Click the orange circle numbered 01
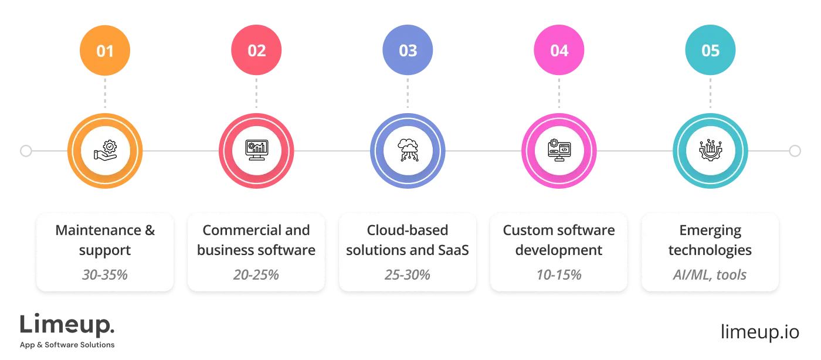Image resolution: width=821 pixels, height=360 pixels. coord(105,50)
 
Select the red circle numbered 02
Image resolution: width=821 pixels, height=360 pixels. coord(256,50)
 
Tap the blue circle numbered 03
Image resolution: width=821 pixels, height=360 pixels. coord(408,50)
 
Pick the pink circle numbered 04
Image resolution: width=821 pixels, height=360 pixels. coord(559,50)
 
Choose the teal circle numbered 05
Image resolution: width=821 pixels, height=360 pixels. coord(710,50)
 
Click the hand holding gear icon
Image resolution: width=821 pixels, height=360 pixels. coord(105,151)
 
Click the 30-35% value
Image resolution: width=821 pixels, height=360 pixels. coord(105,274)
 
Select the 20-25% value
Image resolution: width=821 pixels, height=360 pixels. coord(256,274)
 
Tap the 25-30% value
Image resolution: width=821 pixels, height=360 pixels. coord(408,274)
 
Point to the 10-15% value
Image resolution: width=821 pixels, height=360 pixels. coord(559,274)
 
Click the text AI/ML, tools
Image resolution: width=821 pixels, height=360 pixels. coord(710,274)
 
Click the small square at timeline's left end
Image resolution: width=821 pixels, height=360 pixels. coord(25,152)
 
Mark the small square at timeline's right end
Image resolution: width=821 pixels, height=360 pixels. coord(795,152)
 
